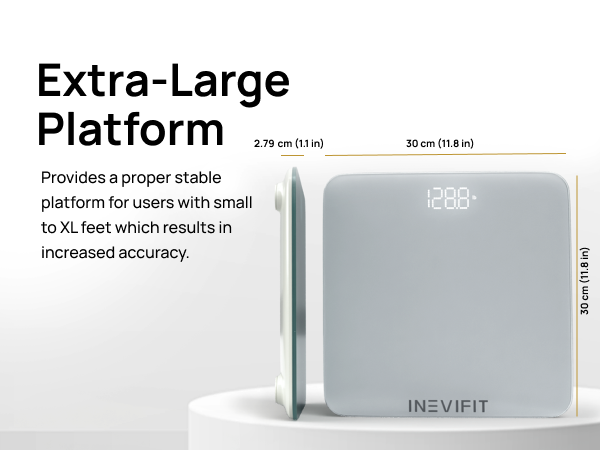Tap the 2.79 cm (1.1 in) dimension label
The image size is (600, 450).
[289, 144]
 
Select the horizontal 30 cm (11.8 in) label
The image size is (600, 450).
[440, 144]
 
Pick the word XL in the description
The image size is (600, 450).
[69, 228]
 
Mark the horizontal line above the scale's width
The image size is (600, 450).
[446, 154]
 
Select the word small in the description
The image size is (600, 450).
[231, 203]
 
